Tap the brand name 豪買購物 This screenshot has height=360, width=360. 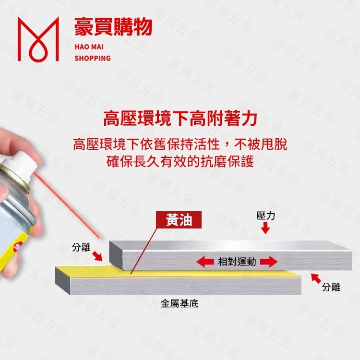(x=113, y=27)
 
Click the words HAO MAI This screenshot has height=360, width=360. (x=86, y=47)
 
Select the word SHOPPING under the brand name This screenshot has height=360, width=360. (x=93, y=58)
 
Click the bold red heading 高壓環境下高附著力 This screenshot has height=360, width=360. (x=180, y=118)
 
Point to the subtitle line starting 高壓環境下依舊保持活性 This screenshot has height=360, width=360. (x=180, y=144)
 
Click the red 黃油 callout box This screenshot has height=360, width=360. (x=179, y=220)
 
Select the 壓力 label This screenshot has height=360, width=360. (x=265, y=216)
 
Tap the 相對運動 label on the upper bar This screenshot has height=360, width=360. (x=237, y=262)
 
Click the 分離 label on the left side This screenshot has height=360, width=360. (x=81, y=247)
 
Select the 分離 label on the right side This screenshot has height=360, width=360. (x=331, y=287)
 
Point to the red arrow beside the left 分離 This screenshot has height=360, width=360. (x=97, y=256)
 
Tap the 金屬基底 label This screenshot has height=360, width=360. (x=179, y=304)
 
